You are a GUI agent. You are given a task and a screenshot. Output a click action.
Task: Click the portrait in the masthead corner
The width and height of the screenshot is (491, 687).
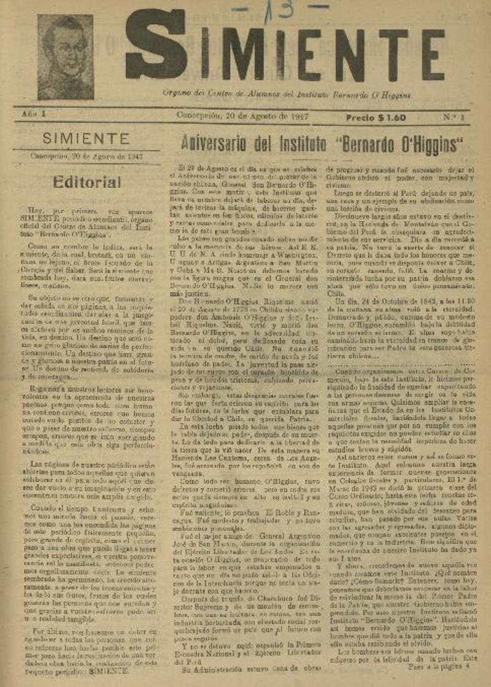[x=65, y=57]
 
